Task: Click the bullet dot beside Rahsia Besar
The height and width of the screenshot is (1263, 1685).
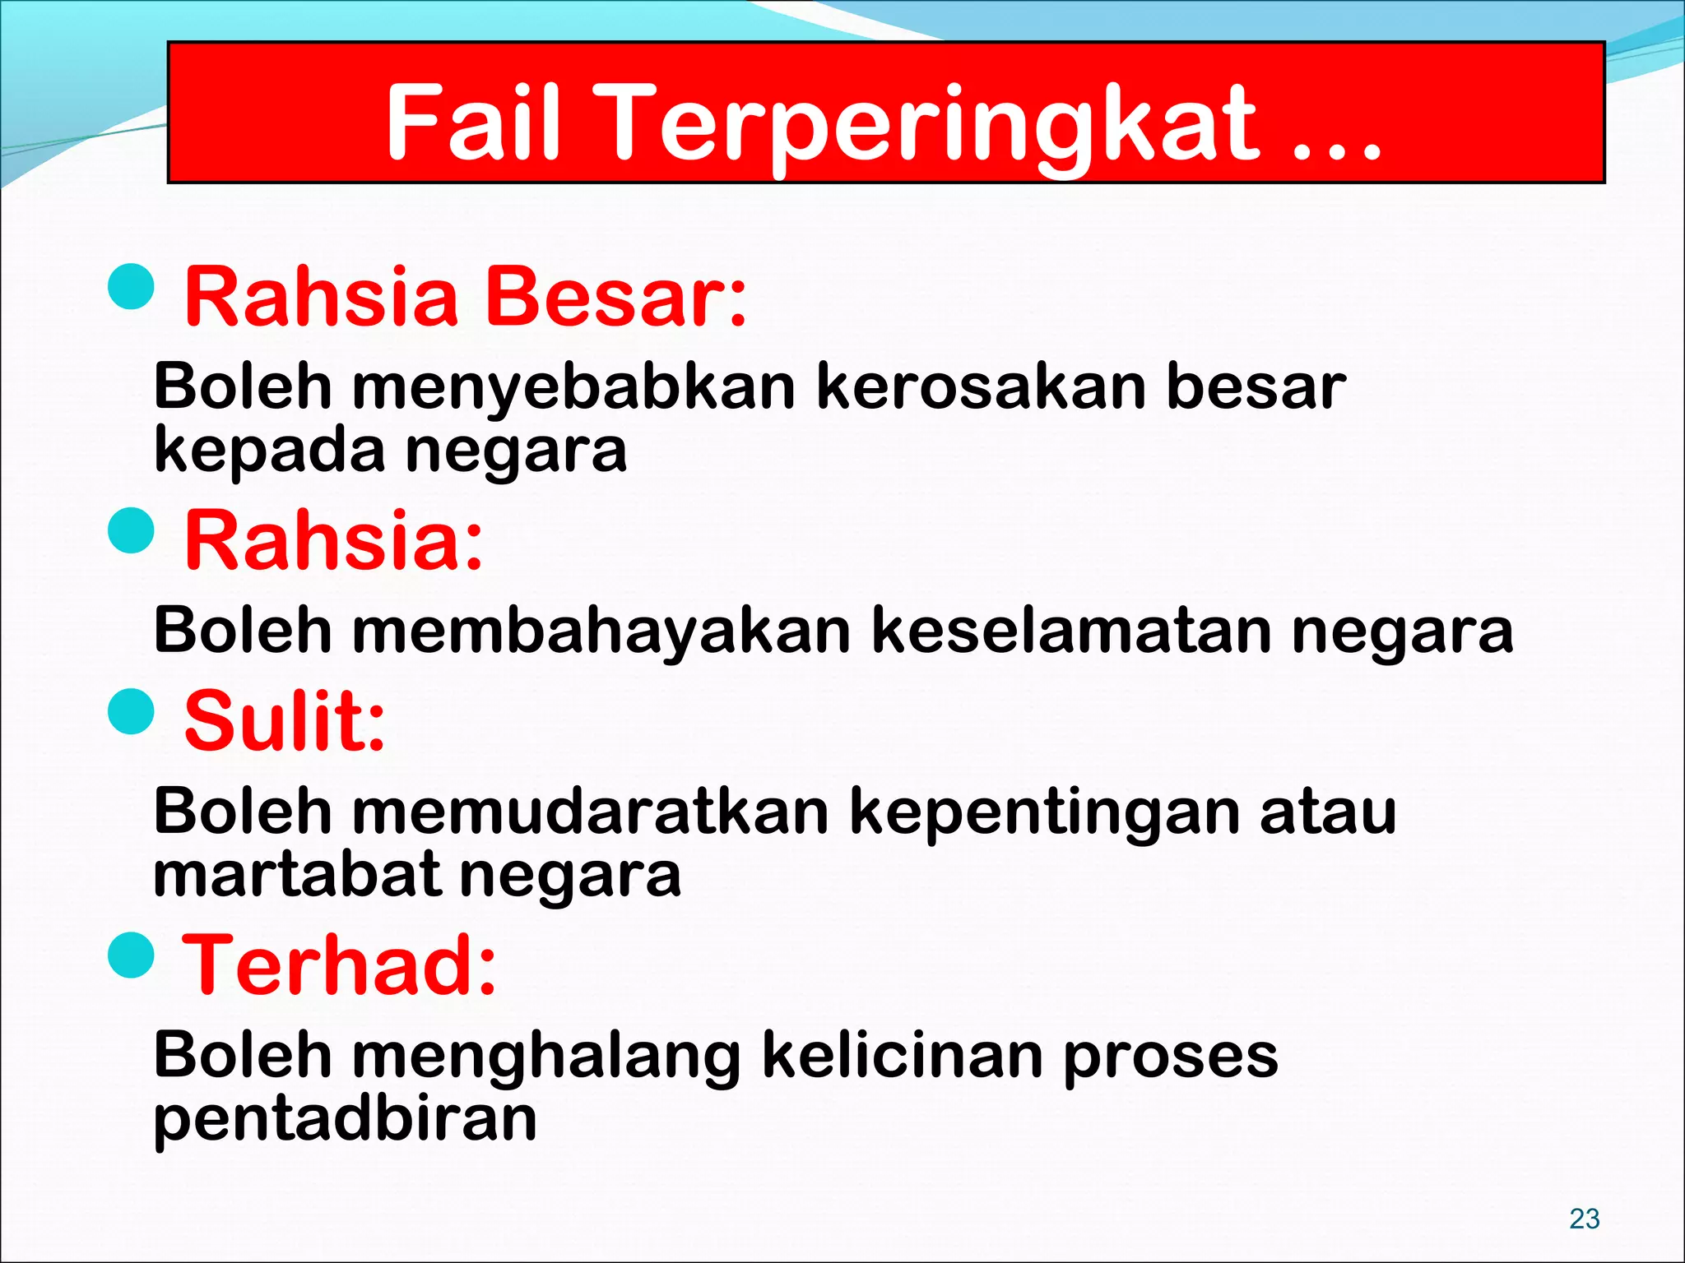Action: pos(132,287)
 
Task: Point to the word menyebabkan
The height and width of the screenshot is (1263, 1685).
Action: pos(574,387)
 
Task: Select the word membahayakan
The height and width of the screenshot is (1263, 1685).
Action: pos(601,631)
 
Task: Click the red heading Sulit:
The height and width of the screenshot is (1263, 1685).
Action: pos(285,721)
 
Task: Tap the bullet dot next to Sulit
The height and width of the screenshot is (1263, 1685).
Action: pos(132,710)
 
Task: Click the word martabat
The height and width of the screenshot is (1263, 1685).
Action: pos(296,875)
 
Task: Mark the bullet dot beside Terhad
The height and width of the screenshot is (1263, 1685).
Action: pos(132,955)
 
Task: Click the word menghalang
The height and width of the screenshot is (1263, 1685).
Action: pos(546,1057)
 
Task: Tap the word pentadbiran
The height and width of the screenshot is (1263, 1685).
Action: pos(345,1120)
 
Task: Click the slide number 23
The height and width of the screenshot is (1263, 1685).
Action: pos(1584,1218)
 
